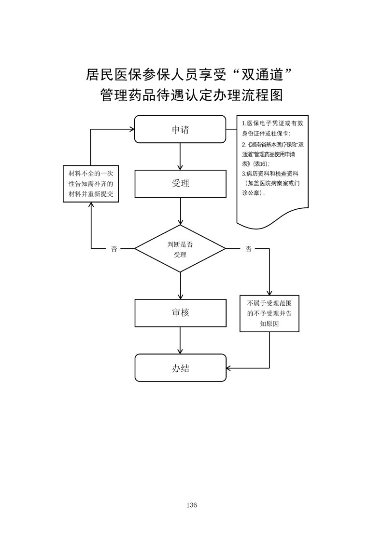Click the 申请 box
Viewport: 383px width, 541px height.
(x=180, y=129)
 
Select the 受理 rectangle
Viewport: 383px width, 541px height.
(x=180, y=183)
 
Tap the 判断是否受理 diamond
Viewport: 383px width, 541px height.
(x=180, y=249)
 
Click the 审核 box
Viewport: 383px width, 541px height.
(x=180, y=312)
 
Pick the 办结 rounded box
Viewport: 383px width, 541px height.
(x=180, y=368)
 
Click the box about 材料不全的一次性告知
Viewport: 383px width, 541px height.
(x=91, y=184)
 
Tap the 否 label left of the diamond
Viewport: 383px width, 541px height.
(x=114, y=249)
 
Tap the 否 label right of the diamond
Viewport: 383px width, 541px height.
(x=248, y=249)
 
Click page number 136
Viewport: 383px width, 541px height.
(x=191, y=505)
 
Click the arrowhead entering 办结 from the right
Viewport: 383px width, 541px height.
(x=229, y=368)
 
